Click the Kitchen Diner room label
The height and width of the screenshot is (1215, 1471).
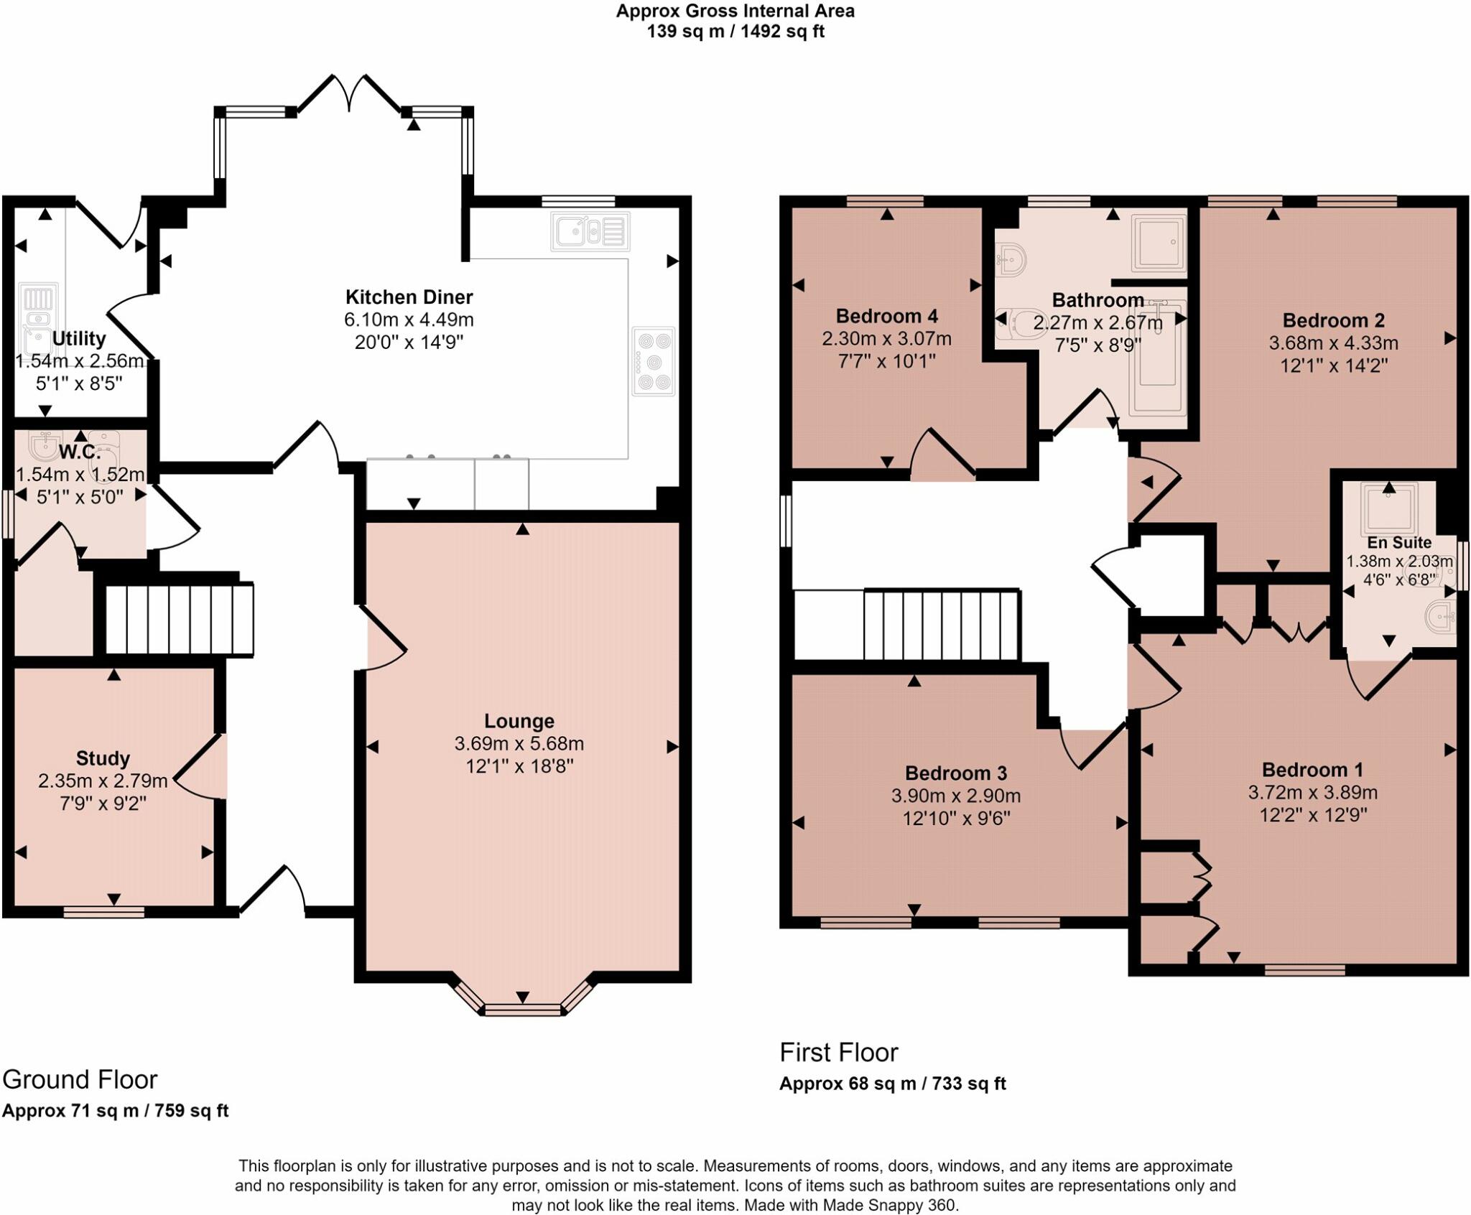tap(409, 297)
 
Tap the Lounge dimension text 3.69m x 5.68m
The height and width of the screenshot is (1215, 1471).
tap(519, 744)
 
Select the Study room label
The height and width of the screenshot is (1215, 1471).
tap(103, 758)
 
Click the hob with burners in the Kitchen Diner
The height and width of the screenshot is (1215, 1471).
tap(654, 361)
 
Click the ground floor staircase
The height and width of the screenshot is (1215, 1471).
tap(180, 620)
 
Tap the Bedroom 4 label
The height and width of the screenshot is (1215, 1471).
tap(887, 316)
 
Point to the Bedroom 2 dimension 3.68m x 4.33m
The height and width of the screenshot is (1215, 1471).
tap(1333, 343)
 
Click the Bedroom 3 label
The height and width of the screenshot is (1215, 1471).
tap(956, 773)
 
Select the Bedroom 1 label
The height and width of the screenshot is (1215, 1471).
tap(1312, 770)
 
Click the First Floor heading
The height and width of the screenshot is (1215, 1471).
tap(839, 1053)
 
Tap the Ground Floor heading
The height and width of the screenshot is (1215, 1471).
tap(80, 1080)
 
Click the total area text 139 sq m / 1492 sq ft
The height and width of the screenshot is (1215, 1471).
tap(735, 32)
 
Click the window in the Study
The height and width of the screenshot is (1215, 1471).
tap(104, 912)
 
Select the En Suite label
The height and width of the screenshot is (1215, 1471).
tap(1399, 543)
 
